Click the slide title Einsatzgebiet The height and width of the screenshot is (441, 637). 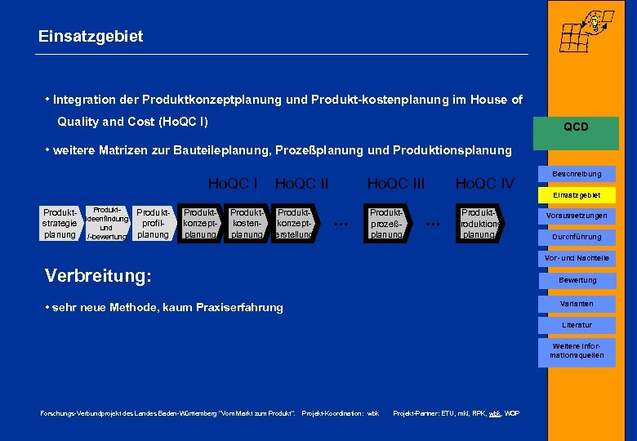pyautogui.click(x=91, y=36)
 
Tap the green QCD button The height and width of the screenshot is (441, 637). pyautogui.click(x=576, y=127)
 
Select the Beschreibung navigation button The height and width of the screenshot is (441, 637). pyautogui.click(x=577, y=174)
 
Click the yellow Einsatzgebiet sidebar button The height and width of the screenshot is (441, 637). pyautogui.click(x=577, y=195)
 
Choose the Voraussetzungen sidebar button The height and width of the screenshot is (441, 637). pyautogui.click(x=577, y=216)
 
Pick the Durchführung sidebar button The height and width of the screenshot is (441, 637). pyautogui.click(x=577, y=237)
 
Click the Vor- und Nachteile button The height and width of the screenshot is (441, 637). pyautogui.click(x=577, y=258)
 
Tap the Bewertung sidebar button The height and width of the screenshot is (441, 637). pyautogui.click(x=577, y=280)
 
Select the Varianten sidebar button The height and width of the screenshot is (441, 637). pyautogui.click(x=577, y=304)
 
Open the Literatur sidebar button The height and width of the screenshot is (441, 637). pyautogui.click(x=577, y=325)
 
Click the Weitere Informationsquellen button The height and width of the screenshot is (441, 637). pyautogui.click(x=577, y=350)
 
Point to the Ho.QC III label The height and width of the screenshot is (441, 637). pyautogui.click(x=396, y=184)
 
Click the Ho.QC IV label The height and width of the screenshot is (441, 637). pyautogui.click(x=484, y=184)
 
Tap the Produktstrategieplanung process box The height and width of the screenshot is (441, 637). pyautogui.click(x=60, y=223)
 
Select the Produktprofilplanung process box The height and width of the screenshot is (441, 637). pyautogui.click(x=153, y=223)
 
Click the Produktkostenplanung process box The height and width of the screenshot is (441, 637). pyautogui.click(x=246, y=223)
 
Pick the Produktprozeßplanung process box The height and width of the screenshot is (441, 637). pyautogui.click(x=386, y=223)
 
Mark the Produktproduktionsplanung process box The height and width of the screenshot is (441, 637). pyautogui.click(x=479, y=223)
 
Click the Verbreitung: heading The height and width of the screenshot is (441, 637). pyautogui.click(x=98, y=276)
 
